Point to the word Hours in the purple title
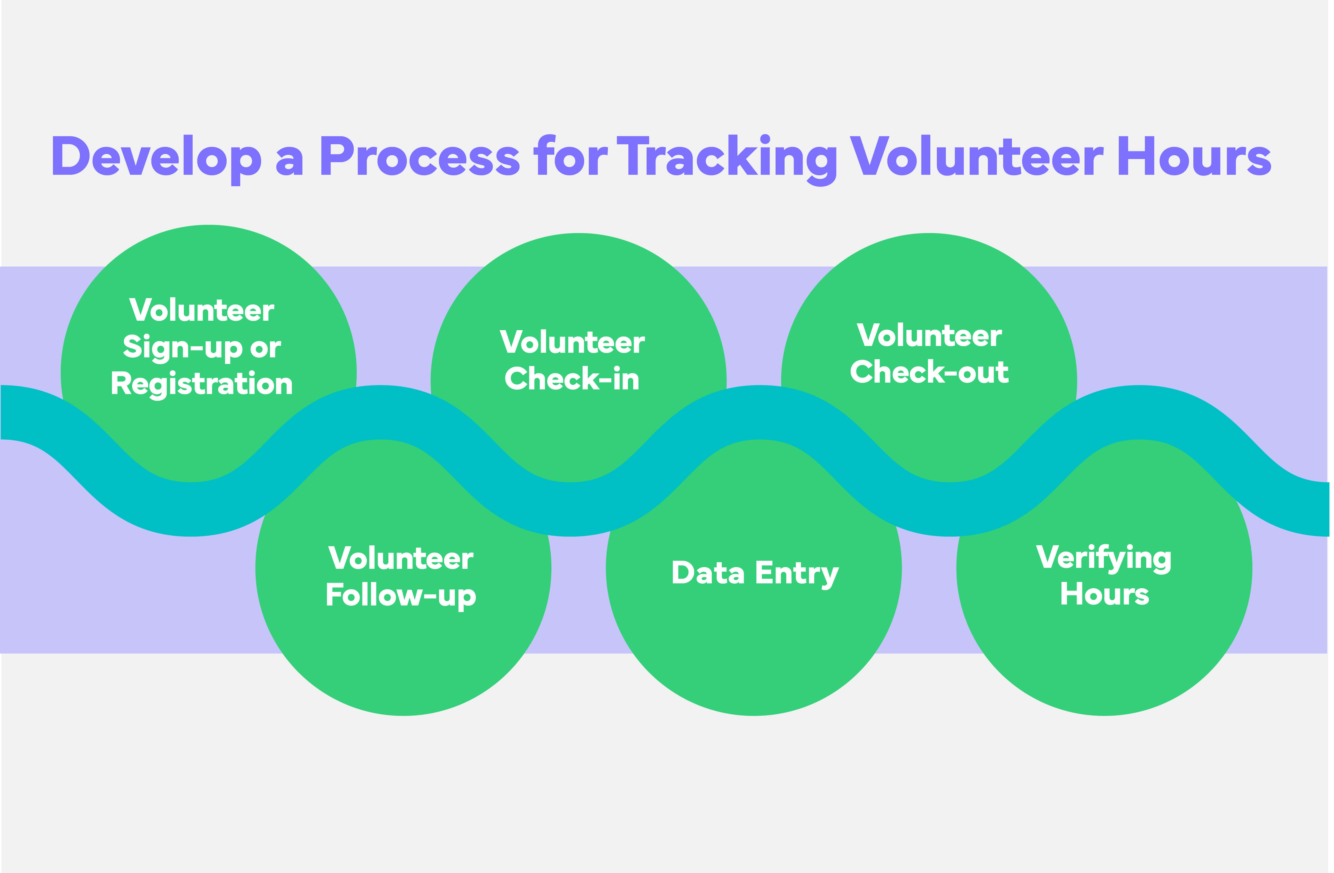(1194, 157)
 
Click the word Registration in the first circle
(202, 384)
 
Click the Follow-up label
(401, 595)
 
